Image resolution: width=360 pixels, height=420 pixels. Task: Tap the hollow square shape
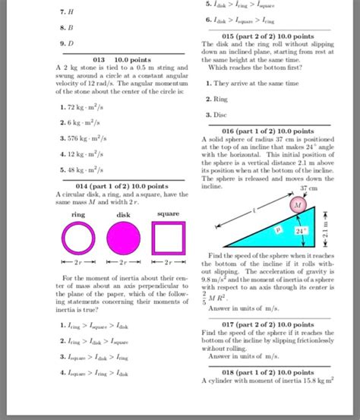[x=169, y=239]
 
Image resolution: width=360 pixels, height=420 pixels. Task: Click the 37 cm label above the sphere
[x=308, y=188]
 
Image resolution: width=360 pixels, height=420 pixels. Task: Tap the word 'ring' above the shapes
[x=78, y=214]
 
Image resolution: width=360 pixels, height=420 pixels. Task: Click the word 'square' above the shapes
[x=169, y=214]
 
